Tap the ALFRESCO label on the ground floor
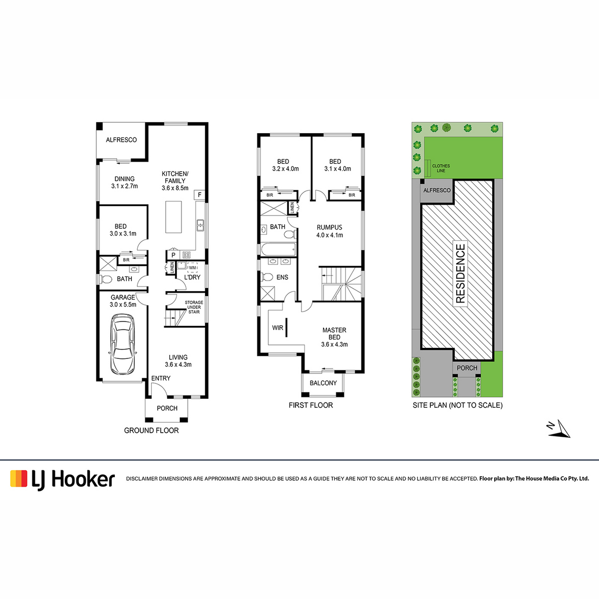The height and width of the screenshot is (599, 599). pos(121,140)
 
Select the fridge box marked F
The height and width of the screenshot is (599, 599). pos(200,195)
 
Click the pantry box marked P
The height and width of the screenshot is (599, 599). pos(173,255)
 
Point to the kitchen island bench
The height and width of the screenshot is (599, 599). pos(173,217)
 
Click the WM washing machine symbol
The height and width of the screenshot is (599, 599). pos(192,268)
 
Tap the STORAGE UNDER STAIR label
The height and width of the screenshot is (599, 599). pos(194,307)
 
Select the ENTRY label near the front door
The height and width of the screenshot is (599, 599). pos(161,378)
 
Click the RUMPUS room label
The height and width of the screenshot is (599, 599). pos(329,227)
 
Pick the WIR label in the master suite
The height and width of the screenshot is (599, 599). pos(278,327)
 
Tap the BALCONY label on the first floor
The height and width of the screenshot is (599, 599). pos(323,383)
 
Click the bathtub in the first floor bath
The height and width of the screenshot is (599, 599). pos(279,249)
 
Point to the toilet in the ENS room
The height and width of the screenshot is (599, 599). pos(267,277)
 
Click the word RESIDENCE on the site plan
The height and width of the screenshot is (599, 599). pos(460,274)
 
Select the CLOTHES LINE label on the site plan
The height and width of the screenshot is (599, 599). pos(441,168)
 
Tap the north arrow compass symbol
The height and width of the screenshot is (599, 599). pos(559,429)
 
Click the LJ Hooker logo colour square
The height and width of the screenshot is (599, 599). pos(18,478)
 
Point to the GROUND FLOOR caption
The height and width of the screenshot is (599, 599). pos(151,430)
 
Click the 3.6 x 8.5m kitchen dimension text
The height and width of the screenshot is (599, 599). pos(175,188)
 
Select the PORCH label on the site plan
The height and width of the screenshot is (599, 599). pos(467,368)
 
